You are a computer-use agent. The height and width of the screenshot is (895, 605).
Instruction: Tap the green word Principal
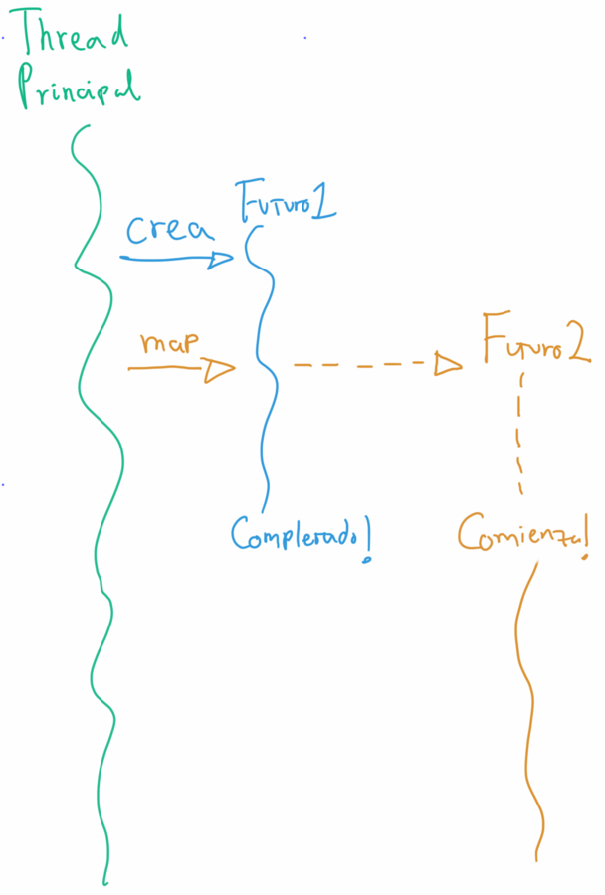[78, 87]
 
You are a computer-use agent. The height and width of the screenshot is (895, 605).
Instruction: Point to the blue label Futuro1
[285, 201]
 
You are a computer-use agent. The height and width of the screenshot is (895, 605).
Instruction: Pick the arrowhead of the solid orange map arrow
[219, 370]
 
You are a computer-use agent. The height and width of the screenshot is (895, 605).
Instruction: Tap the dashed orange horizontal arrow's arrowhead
[449, 365]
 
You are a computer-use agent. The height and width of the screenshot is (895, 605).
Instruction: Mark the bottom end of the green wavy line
[103, 881]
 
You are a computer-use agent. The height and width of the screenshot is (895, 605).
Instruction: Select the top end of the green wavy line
[89, 126]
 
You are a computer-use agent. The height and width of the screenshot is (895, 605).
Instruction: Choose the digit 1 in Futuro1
[322, 202]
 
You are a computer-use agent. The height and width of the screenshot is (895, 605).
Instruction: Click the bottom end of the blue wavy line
[265, 509]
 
